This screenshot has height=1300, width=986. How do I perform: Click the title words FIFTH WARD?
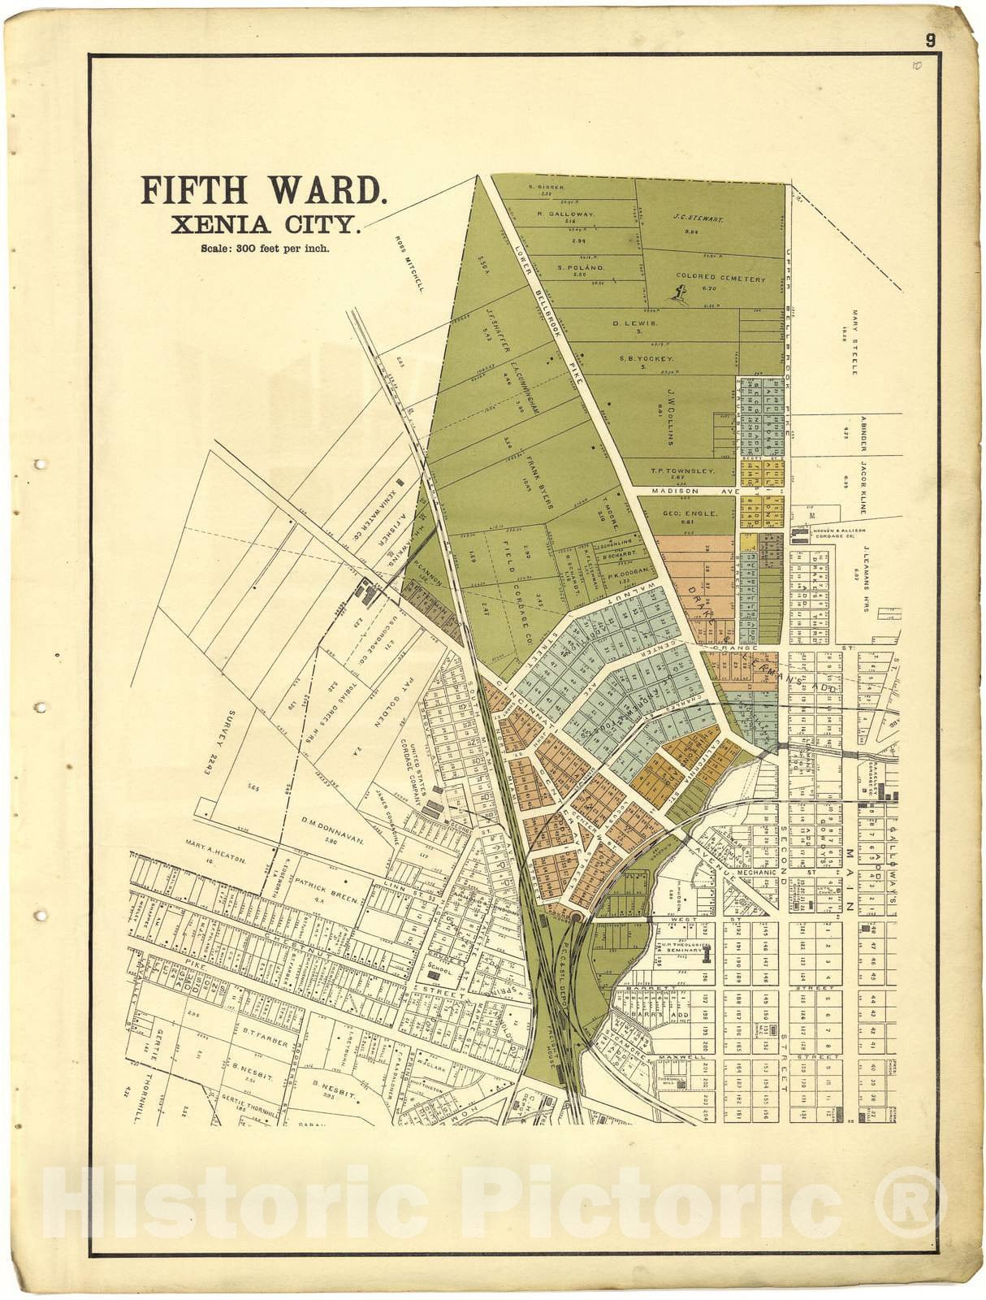coord(264,190)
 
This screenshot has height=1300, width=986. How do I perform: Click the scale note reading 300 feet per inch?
coord(265,249)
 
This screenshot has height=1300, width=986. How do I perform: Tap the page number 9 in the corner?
coord(930,40)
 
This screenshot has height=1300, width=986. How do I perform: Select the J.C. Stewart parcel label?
coord(698,219)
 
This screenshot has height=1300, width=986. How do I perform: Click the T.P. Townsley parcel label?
coord(682,470)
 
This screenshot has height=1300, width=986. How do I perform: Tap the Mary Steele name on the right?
coord(854,341)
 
